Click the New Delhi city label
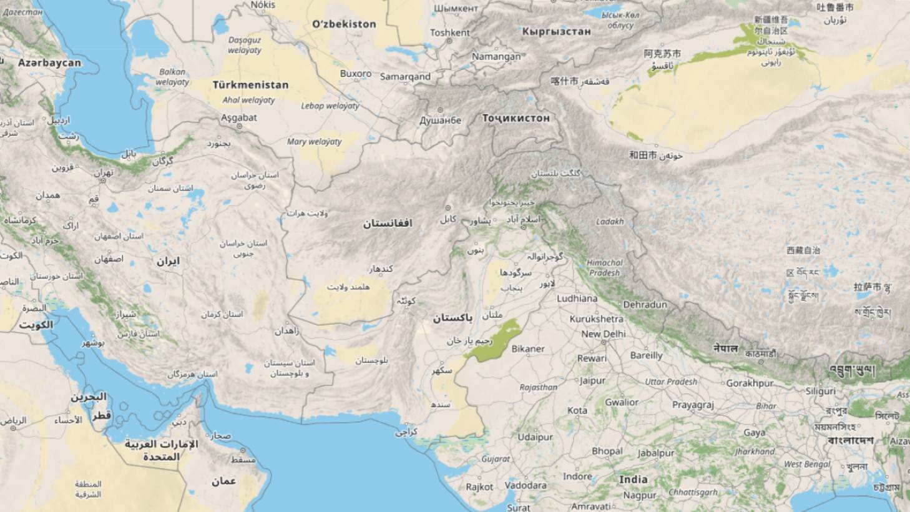[x=603, y=333]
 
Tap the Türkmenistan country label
[x=250, y=85]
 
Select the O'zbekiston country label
[x=344, y=24]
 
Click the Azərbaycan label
[x=49, y=63]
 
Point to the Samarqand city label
[x=405, y=77]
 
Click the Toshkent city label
[x=449, y=32]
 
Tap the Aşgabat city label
[x=238, y=117]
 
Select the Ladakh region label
[x=610, y=221]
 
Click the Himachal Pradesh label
[x=604, y=268]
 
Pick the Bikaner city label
[x=528, y=349]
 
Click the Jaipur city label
[x=592, y=380]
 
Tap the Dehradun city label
[x=645, y=305]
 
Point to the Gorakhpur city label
[x=750, y=383]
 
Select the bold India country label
[x=633, y=480]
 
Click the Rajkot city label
[x=479, y=486]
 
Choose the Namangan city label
[x=496, y=56]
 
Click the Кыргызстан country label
[x=556, y=31]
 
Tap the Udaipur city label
[x=536, y=437]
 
